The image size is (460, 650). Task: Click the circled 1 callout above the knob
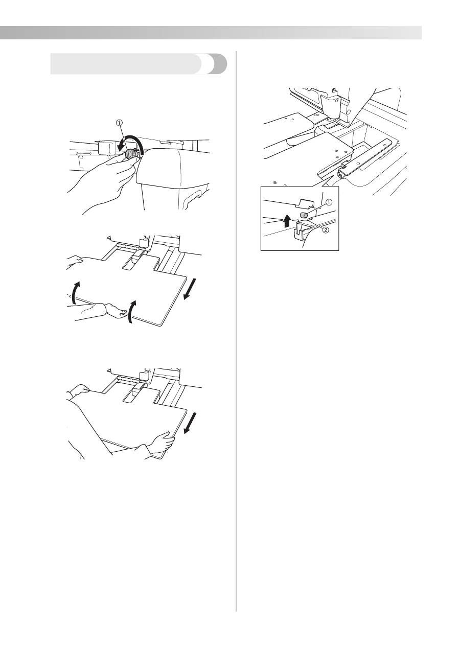[119, 123]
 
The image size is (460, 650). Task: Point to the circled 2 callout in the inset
[326, 230]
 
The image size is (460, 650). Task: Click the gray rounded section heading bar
[139, 64]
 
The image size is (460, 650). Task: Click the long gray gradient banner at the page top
[211, 33]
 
